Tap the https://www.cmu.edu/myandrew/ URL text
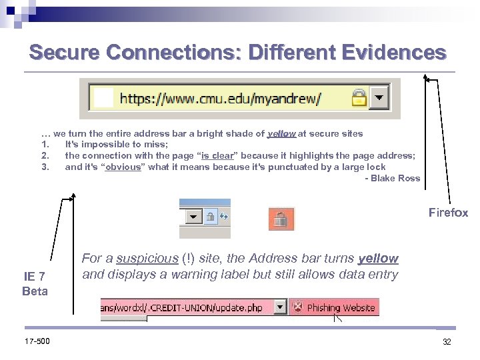(x=220, y=99)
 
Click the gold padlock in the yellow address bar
(x=359, y=99)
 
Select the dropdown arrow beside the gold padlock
(x=379, y=97)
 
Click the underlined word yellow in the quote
(x=281, y=133)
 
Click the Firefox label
(x=448, y=213)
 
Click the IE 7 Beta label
(x=35, y=283)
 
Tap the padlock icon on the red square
(x=281, y=219)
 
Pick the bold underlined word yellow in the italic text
(x=377, y=259)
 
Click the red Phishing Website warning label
(x=335, y=307)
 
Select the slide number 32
(x=447, y=341)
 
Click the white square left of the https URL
(x=105, y=99)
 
